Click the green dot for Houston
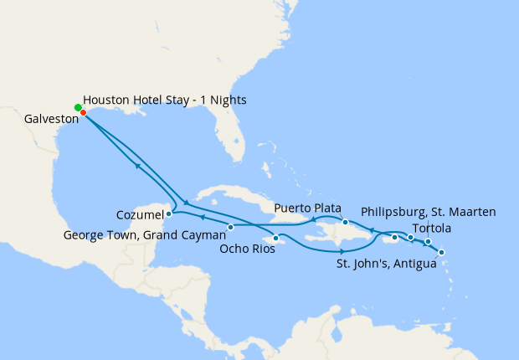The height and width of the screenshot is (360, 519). click(78, 107)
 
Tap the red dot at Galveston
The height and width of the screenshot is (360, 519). click(83, 112)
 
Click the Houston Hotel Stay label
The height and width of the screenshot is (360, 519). click(165, 100)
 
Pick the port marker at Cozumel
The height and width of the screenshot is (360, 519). click(168, 213)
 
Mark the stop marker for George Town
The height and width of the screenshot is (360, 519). click(231, 227)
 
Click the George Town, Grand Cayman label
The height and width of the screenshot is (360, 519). click(144, 235)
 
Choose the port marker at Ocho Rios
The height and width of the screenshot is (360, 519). click(275, 238)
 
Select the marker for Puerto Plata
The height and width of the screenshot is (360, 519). click(345, 222)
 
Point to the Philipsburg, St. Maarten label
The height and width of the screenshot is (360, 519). click(429, 212)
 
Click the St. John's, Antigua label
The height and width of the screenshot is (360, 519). click(387, 265)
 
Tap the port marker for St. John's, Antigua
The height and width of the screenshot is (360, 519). click(442, 252)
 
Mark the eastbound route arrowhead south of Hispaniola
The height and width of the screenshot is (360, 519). click(342, 252)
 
